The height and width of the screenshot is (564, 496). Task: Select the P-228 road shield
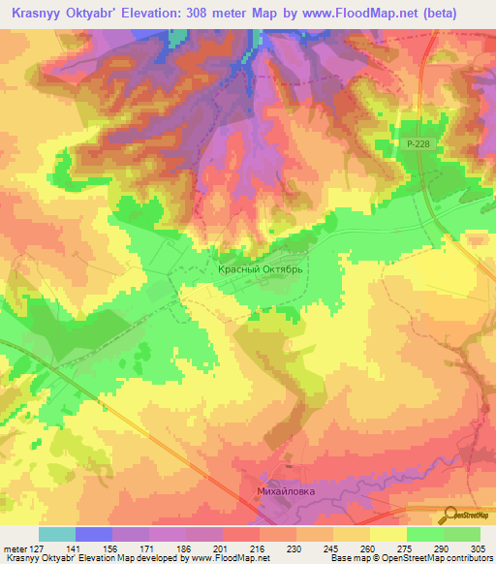click(x=417, y=142)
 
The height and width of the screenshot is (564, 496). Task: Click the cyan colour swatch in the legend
click(x=56, y=534)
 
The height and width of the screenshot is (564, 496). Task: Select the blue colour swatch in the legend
click(x=93, y=534)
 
